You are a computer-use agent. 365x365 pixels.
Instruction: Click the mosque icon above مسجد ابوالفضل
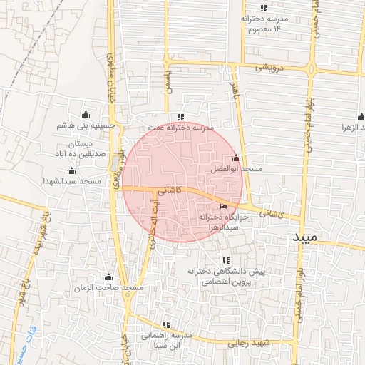236,158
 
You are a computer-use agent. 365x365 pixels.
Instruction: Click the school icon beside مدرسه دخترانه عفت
181,117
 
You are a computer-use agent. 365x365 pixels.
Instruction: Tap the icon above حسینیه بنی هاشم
86,114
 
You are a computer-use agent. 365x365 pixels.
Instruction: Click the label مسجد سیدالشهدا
72,181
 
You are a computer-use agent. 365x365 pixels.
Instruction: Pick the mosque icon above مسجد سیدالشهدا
71,170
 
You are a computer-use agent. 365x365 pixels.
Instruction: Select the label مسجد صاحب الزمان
109,287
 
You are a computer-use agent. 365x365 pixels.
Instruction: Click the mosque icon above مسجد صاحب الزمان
109,277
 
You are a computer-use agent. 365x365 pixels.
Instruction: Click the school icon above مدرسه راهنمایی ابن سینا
167,324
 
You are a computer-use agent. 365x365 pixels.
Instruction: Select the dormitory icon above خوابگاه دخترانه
223,206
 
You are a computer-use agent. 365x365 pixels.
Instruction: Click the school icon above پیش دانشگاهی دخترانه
226,261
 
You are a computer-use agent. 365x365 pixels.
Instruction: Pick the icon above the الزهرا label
361,117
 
